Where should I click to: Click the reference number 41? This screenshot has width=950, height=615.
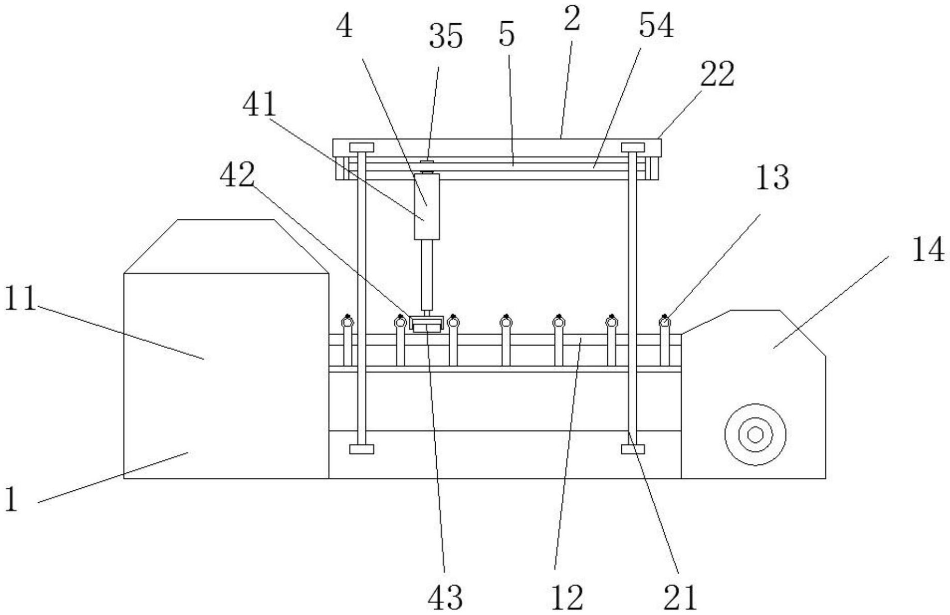259,105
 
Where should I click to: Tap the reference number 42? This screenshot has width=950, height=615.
237,175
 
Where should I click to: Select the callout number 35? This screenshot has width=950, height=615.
446,37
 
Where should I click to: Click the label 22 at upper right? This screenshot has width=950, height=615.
717,74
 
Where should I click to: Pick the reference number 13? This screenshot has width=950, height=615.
772,178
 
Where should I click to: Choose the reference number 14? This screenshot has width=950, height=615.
928,251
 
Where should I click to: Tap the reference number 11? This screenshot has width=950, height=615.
21,299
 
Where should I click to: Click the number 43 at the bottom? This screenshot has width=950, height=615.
445,597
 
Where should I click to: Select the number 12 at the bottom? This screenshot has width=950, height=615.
566,597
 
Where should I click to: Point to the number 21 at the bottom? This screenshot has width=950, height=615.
680,597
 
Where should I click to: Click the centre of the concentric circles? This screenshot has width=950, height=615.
755,434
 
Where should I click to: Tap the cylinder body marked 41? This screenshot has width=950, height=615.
426,206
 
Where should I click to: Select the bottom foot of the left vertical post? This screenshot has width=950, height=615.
361,449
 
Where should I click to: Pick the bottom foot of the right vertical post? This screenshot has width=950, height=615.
633,449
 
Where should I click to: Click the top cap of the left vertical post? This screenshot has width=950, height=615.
361,147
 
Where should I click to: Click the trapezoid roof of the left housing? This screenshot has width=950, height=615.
226,246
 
